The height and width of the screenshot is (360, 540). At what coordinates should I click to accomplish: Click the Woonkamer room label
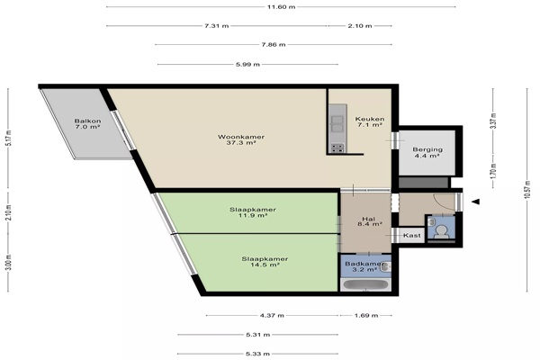click(241, 139)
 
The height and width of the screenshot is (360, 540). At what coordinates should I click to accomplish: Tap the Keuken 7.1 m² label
click(370, 122)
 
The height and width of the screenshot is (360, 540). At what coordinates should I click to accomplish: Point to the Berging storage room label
click(427, 152)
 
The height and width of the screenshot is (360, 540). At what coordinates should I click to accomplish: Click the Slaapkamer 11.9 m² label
click(253, 212)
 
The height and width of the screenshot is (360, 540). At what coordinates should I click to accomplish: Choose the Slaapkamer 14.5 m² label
click(265, 262)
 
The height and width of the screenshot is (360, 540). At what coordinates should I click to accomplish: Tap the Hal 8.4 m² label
click(370, 221)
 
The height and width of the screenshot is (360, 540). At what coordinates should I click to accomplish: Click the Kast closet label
click(412, 235)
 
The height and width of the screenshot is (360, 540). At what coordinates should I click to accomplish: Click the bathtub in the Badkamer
click(365, 285)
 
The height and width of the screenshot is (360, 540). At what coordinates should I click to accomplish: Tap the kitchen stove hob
click(337, 148)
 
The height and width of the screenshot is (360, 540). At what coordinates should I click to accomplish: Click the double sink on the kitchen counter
click(337, 123)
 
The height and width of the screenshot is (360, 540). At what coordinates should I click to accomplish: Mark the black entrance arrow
click(475, 202)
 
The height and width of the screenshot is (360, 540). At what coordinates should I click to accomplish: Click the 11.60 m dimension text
click(282, 7)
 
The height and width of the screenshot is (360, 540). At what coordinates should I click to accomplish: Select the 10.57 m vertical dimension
click(526, 190)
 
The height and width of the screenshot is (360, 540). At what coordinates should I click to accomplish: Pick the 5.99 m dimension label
click(248, 64)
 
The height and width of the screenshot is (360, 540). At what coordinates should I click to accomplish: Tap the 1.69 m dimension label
click(366, 315)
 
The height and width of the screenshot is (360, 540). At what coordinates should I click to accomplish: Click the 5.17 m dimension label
click(9, 138)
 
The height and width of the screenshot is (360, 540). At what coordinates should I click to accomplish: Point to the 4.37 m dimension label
click(272, 315)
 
